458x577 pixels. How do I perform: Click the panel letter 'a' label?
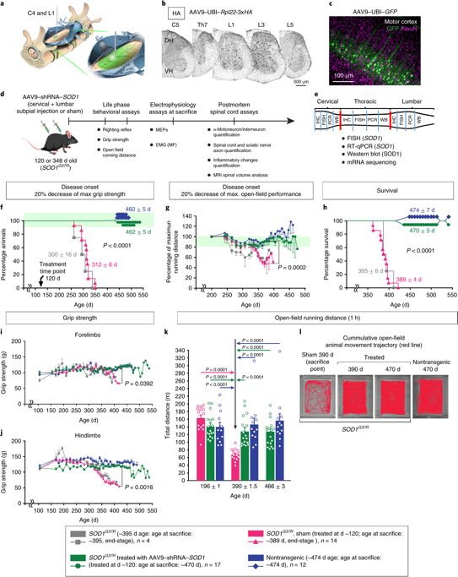point(4,4)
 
